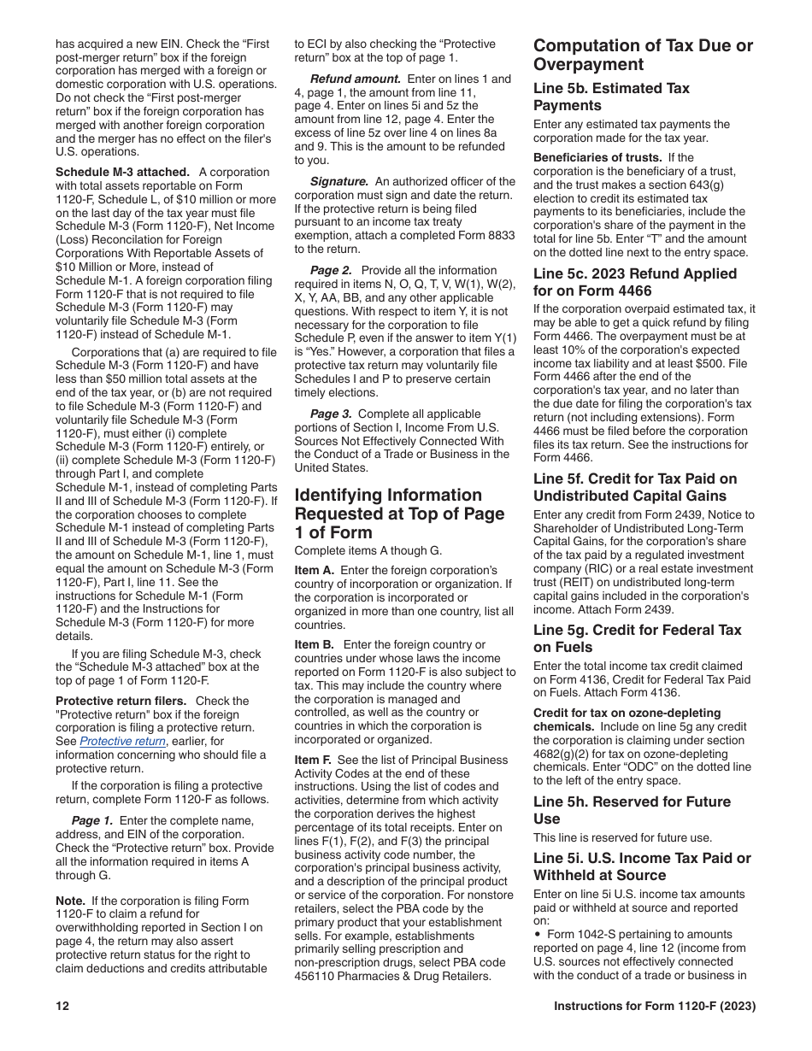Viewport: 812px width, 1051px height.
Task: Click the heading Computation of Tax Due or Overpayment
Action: click(x=643, y=55)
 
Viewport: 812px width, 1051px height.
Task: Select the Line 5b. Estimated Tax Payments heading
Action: click(x=611, y=97)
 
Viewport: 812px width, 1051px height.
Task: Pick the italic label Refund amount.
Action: click(x=351, y=79)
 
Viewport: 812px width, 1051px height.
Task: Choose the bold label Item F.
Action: click(x=314, y=760)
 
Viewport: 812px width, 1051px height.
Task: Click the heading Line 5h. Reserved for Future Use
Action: click(x=632, y=810)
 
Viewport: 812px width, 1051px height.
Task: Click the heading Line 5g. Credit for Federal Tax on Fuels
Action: click(x=637, y=638)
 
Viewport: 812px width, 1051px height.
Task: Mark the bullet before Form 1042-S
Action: click(x=537, y=935)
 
